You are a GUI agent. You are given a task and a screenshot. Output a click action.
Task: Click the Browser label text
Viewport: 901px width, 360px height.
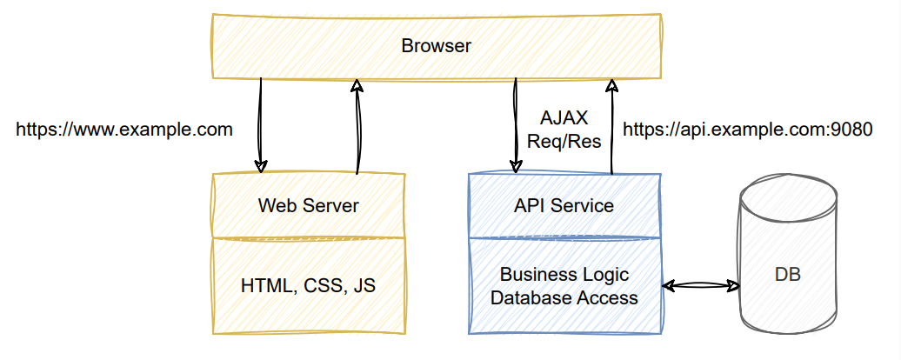click(436, 46)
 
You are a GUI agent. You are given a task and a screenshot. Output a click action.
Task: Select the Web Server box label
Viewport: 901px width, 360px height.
click(308, 206)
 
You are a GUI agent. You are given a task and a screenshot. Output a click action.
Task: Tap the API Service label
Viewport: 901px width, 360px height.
click(564, 206)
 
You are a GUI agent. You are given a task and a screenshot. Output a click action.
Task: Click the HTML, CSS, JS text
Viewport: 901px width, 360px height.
click(308, 285)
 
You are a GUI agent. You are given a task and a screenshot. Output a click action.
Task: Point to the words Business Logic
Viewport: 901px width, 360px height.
click(564, 275)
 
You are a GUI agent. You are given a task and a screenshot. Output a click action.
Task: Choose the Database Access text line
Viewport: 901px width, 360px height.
click(564, 297)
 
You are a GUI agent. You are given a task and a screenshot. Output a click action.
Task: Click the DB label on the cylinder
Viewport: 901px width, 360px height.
click(787, 276)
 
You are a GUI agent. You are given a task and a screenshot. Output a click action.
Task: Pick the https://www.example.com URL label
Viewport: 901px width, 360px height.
click(124, 130)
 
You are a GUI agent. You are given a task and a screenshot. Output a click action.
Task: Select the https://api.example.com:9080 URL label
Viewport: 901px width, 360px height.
click(747, 130)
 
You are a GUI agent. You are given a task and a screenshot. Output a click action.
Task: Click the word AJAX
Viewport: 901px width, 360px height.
click(564, 117)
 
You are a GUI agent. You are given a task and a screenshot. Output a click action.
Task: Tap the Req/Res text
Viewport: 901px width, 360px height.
click(564, 141)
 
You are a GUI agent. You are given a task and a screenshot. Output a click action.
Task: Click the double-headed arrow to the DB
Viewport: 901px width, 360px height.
click(700, 284)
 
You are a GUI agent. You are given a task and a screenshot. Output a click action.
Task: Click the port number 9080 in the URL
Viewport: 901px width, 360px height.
click(851, 130)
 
